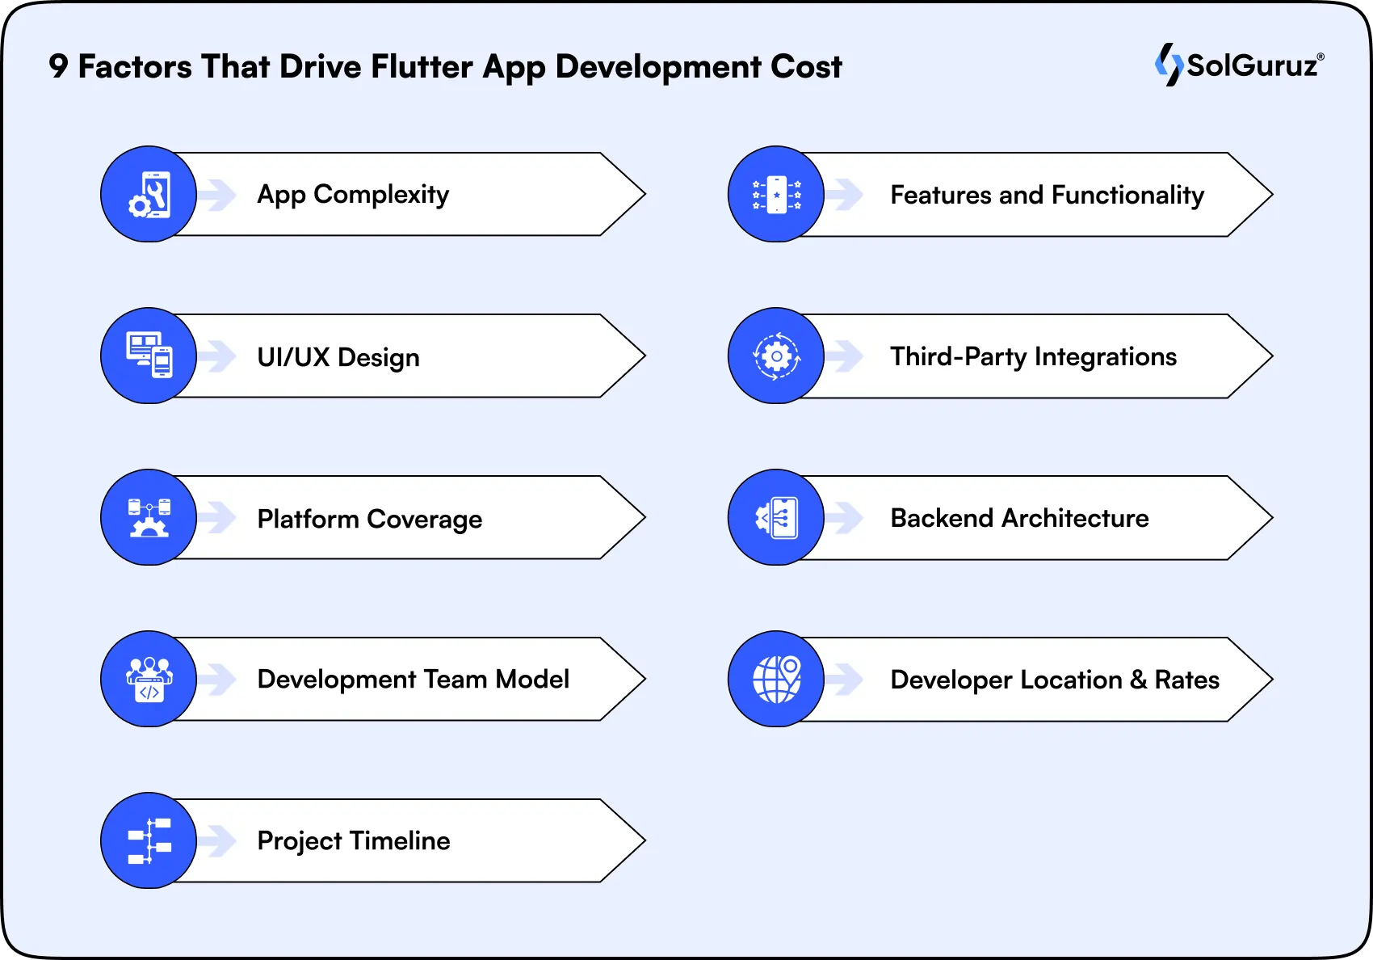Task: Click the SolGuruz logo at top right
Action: click(1240, 65)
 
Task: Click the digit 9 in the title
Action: click(58, 66)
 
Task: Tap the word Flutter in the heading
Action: click(422, 66)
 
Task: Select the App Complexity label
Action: click(353, 195)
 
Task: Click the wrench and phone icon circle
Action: click(149, 194)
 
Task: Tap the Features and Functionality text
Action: click(1047, 195)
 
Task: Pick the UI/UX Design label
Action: click(338, 357)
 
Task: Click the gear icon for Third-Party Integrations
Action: click(776, 356)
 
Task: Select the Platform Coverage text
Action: click(369, 519)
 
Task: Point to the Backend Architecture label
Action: click(1019, 518)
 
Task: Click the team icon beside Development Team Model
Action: click(149, 679)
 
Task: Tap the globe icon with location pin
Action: click(776, 679)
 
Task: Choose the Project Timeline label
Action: click(353, 841)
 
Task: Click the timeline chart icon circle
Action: click(149, 840)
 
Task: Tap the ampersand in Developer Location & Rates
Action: click(1138, 680)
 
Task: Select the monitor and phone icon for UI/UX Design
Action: click(149, 356)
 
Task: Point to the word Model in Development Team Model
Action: click(532, 680)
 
